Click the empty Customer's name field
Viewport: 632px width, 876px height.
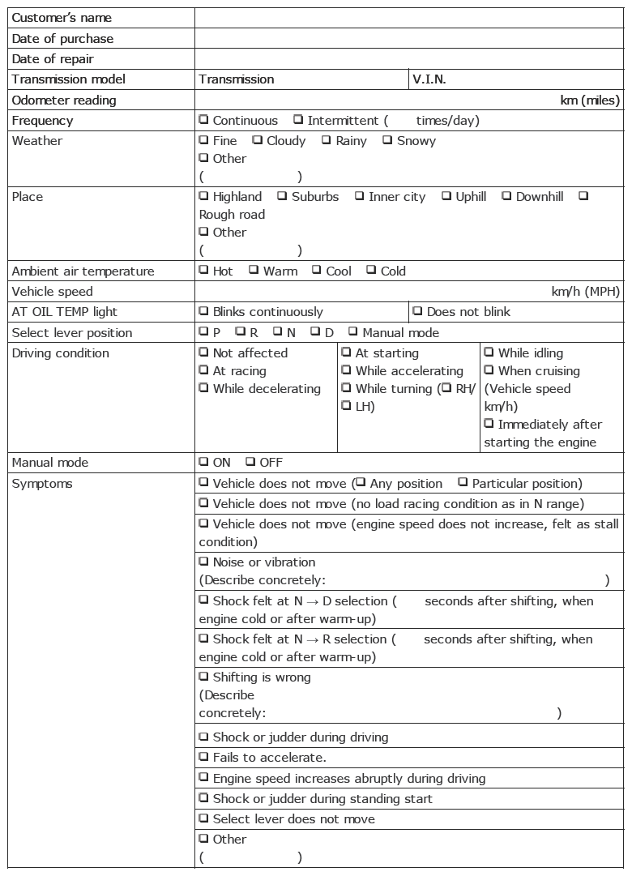[x=409, y=18]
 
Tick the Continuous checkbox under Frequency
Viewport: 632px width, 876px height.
[x=204, y=120]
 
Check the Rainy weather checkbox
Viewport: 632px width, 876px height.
[x=327, y=140]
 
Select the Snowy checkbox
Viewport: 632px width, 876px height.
[x=387, y=140]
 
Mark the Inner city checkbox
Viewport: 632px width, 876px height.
[x=359, y=196]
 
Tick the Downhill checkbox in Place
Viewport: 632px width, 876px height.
[x=506, y=196]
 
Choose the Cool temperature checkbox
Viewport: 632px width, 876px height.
[x=317, y=271]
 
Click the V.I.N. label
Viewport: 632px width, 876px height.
[x=429, y=79]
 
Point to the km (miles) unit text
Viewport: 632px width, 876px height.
[x=590, y=100]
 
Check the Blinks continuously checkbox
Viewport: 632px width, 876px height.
[x=204, y=311]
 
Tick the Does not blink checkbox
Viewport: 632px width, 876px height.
[x=417, y=311]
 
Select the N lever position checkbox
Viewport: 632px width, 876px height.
[x=278, y=332]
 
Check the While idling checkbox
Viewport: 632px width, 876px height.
[x=489, y=353]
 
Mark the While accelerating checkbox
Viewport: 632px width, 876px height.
[x=347, y=370]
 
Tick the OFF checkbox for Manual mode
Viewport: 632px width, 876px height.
[x=250, y=462]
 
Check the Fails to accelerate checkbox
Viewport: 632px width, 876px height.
[x=204, y=758]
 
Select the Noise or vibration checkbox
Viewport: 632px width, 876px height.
[x=204, y=562]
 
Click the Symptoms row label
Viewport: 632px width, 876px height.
[x=42, y=484]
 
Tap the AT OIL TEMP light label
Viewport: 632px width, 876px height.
[x=65, y=312]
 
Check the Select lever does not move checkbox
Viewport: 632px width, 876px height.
[x=204, y=818]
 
